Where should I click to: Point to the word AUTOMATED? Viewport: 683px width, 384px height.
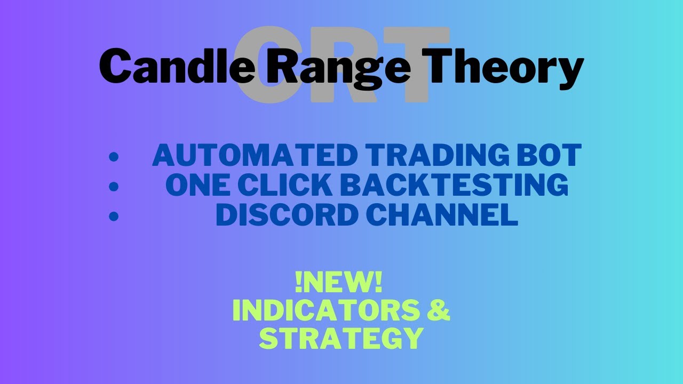click(255, 156)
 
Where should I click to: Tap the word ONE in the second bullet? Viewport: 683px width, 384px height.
click(197, 185)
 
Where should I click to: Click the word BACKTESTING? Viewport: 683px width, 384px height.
click(454, 185)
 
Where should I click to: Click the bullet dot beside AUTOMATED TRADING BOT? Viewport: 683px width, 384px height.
click(113, 157)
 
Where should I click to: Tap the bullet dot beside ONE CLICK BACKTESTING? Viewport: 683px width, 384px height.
click(113, 187)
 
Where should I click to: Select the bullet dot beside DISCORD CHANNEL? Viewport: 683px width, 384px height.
click(113, 216)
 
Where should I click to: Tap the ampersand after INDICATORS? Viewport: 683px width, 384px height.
click(439, 311)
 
